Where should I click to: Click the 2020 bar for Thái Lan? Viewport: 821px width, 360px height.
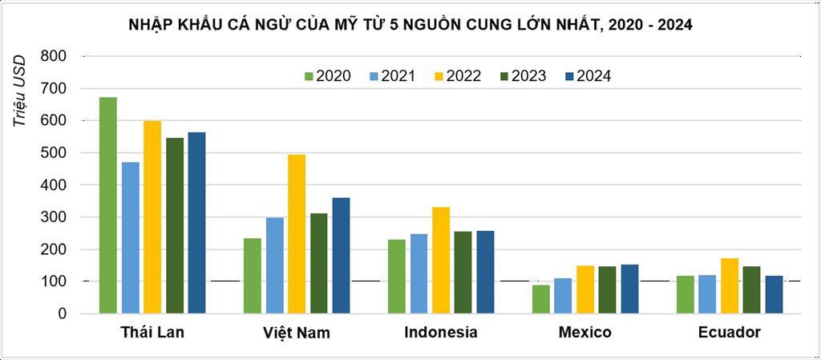point(108,205)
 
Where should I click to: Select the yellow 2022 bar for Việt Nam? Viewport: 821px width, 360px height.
point(297,234)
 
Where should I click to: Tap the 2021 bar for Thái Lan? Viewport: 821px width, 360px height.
point(130,237)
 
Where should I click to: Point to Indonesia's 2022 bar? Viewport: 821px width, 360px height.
point(441,261)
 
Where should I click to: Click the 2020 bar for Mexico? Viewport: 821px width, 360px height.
point(541,299)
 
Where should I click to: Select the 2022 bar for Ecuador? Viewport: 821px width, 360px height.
point(730,285)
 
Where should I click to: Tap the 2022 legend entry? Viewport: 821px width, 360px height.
point(459,76)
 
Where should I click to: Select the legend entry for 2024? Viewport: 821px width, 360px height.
point(590,76)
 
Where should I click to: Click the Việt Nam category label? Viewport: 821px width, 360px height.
point(296,333)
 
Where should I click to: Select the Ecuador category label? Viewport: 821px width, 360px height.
point(729,333)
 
